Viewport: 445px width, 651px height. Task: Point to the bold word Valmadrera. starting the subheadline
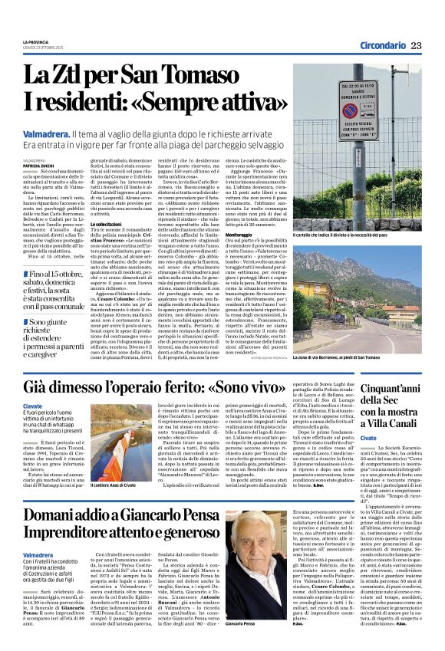click(x=47, y=133)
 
